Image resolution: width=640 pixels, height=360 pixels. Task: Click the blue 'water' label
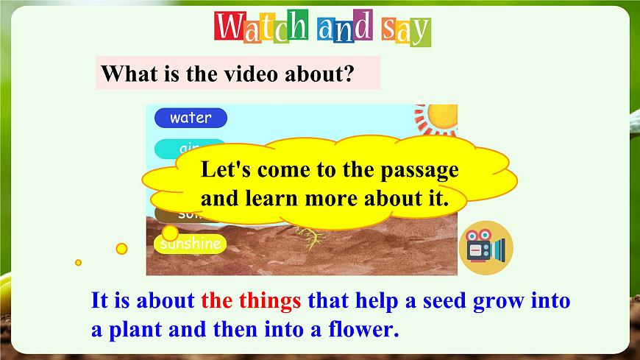191,118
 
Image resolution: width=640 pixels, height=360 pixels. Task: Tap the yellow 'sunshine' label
191,244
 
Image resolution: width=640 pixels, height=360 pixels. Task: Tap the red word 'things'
268,301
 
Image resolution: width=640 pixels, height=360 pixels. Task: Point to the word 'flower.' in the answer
363,329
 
